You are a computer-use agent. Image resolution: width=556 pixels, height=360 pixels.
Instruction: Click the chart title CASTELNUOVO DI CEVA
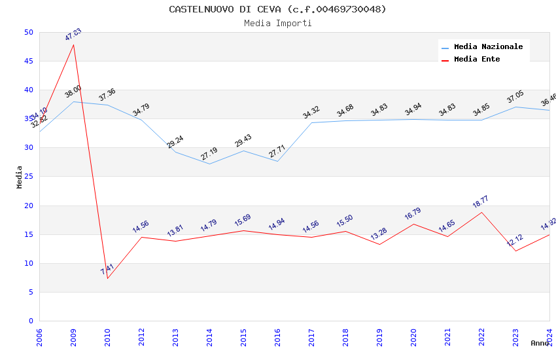click(277, 9)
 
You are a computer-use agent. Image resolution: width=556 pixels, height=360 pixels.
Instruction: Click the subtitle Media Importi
click(277, 23)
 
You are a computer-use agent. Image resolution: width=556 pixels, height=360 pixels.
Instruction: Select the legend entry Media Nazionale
click(488, 47)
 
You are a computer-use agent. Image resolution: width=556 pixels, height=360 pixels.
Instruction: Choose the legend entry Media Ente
click(477, 59)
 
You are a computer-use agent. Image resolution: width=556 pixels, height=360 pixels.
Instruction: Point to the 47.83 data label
click(73, 35)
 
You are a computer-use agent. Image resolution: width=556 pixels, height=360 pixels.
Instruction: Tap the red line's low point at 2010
click(107, 278)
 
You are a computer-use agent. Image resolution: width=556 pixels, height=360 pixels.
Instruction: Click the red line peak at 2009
click(73, 45)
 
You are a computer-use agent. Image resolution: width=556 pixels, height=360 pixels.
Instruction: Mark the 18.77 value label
click(481, 202)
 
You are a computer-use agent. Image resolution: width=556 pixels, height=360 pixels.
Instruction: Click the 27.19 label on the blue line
click(209, 154)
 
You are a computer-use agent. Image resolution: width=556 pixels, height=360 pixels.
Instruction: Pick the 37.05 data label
click(515, 98)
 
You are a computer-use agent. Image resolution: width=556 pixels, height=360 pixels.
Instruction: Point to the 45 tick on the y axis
click(28, 62)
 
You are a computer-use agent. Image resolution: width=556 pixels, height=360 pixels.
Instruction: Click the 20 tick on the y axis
click(28, 206)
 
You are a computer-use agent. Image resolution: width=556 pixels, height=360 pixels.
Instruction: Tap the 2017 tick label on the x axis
click(311, 334)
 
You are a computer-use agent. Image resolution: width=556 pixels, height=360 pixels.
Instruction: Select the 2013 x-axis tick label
click(175, 334)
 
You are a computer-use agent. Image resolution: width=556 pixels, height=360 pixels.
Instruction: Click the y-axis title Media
click(20, 177)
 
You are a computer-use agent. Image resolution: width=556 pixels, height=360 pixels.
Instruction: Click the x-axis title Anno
click(540, 343)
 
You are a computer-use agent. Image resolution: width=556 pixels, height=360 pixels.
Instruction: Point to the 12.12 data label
click(515, 241)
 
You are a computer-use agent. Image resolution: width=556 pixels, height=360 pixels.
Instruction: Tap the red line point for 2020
click(413, 224)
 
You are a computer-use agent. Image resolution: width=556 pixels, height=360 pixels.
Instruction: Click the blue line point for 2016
click(277, 161)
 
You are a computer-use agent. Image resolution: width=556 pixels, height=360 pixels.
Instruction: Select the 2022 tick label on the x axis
click(481, 334)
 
